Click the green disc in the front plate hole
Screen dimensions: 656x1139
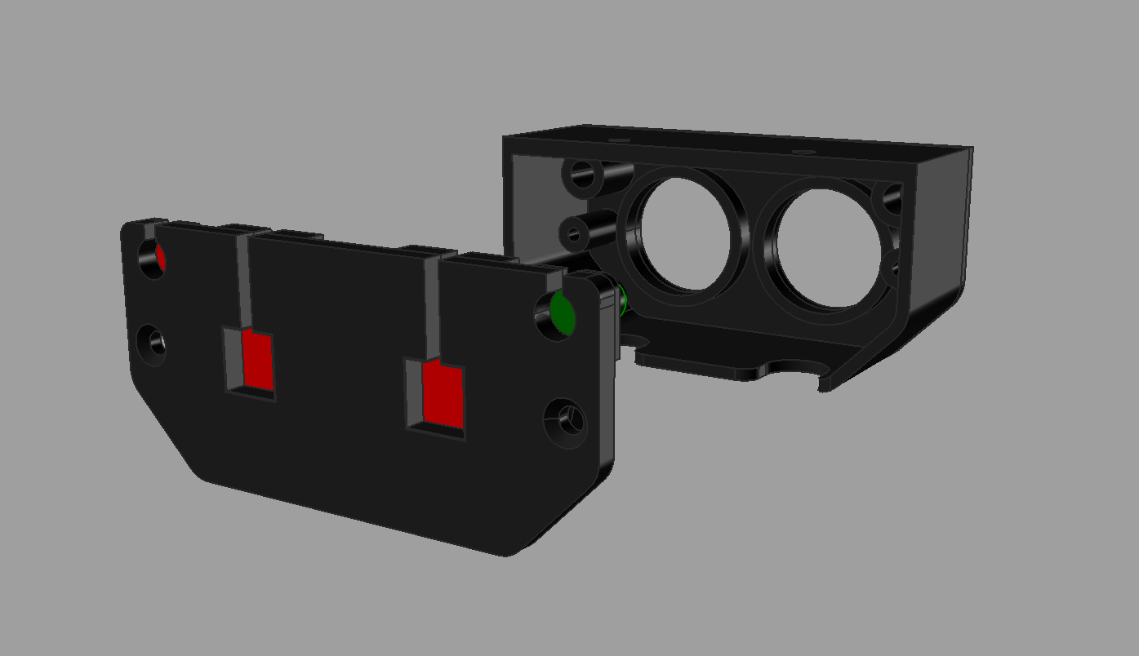coord(563,312)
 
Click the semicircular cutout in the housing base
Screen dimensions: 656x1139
coord(793,368)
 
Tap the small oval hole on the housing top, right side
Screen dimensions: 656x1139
coord(804,152)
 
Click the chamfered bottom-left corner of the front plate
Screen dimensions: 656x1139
coord(163,425)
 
